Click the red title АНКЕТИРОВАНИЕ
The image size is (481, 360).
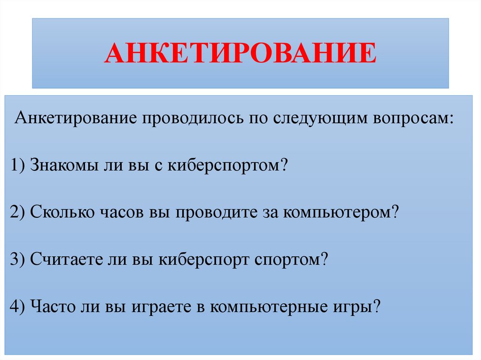pyautogui.click(x=240, y=53)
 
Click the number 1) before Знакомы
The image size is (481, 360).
pyautogui.click(x=18, y=165)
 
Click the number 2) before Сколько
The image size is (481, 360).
pyautogui.click(x=18, y=212)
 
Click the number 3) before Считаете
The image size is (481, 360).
pyautogui.click(x=18, y=260)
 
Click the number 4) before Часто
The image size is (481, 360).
pyautogui.click(x=18, y=307)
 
